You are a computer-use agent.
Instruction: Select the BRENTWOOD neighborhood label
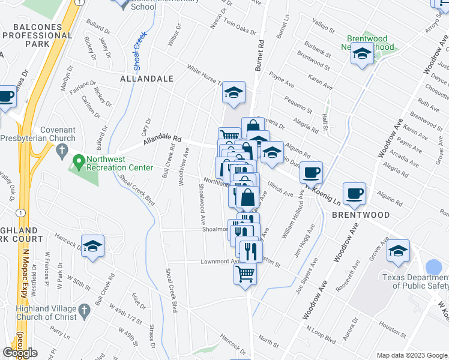pyautogui.click(x=361, y=214)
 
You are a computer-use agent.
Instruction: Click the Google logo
pyautogui.click(x=20, y=353)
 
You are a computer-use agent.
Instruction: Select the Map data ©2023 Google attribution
pyautogui.click(x=412, y=355)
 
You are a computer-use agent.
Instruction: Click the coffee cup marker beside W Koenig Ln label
pyautogui.click(x=311, y=172)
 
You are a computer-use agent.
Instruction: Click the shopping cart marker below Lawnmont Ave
pyautogui.click(x=246, y=274)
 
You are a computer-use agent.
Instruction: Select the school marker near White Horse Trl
pyautogui.click(x=234, y=92)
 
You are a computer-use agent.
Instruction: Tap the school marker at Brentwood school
pyautogui.click(x=363, y=53)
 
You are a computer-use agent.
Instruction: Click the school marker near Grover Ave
pyautogui.click(x=398, y=250)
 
